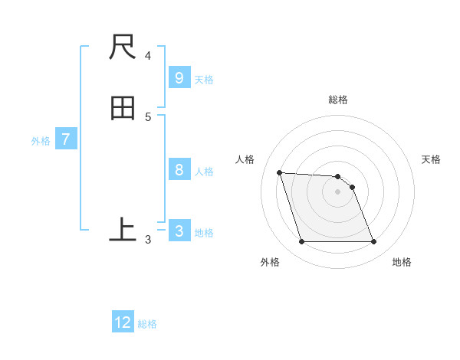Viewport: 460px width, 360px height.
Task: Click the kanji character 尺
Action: [x=123, y=47]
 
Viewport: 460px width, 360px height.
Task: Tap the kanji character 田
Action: [x=123, y=109]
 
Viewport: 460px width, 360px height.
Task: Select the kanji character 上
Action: [x=123, y=230]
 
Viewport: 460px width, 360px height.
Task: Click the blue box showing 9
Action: [x=179, y=78]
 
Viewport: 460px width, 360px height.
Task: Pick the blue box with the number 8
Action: [x=179, y=170]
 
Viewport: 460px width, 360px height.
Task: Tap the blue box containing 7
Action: [x=66, y=139]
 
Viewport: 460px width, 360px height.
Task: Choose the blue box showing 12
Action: [x=123, y=322]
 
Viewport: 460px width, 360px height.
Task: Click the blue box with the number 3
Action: [x=179, y=231]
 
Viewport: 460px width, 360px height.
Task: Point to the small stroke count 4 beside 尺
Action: [x=148, y=56]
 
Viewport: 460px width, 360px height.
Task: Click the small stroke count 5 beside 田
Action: [x=148, y=117]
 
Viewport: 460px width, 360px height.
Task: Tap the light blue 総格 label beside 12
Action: [x=147, y=324]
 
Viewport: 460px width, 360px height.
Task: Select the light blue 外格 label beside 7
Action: [x=41, y=141]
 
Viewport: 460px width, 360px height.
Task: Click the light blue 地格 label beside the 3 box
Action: [x=204, y=233]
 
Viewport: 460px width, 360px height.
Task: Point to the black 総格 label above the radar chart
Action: [x=338, y=100]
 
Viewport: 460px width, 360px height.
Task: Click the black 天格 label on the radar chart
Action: [x=432, y=159]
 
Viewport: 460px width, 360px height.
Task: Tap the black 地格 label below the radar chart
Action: [x=402, y=262]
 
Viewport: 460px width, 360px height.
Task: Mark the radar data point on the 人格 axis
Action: [x=279, y=172]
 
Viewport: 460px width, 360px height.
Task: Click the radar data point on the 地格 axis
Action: [x=374, y=242]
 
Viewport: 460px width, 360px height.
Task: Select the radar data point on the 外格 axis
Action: [x=301, y=242]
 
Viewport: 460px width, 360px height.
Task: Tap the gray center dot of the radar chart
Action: [x=337, y=191]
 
